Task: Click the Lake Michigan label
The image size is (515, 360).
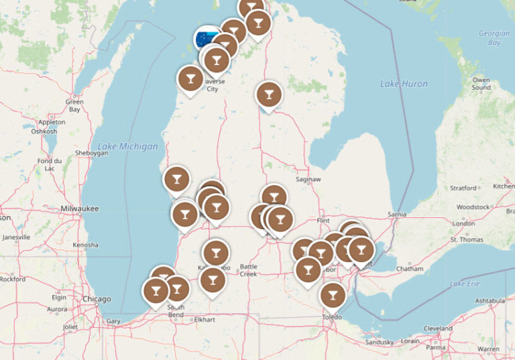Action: [x=127, y=146]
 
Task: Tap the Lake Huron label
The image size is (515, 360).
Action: [x=403, y=84]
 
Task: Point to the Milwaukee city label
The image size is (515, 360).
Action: [x=79, y=208]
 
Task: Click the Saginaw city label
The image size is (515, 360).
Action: [x=308, y=180]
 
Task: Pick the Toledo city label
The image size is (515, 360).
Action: [x=331, y=316]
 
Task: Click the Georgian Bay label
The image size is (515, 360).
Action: [x=490, y=38]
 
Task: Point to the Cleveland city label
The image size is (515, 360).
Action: [x=437, y=328]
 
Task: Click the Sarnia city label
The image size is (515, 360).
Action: [x=397, y=214]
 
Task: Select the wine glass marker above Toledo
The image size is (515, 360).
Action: [x=332, y=294]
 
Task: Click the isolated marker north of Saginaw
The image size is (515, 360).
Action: [x=269, y=94]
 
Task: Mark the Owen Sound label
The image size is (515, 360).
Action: [x=481, y=84]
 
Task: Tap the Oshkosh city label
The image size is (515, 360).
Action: [x=44, y=131]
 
